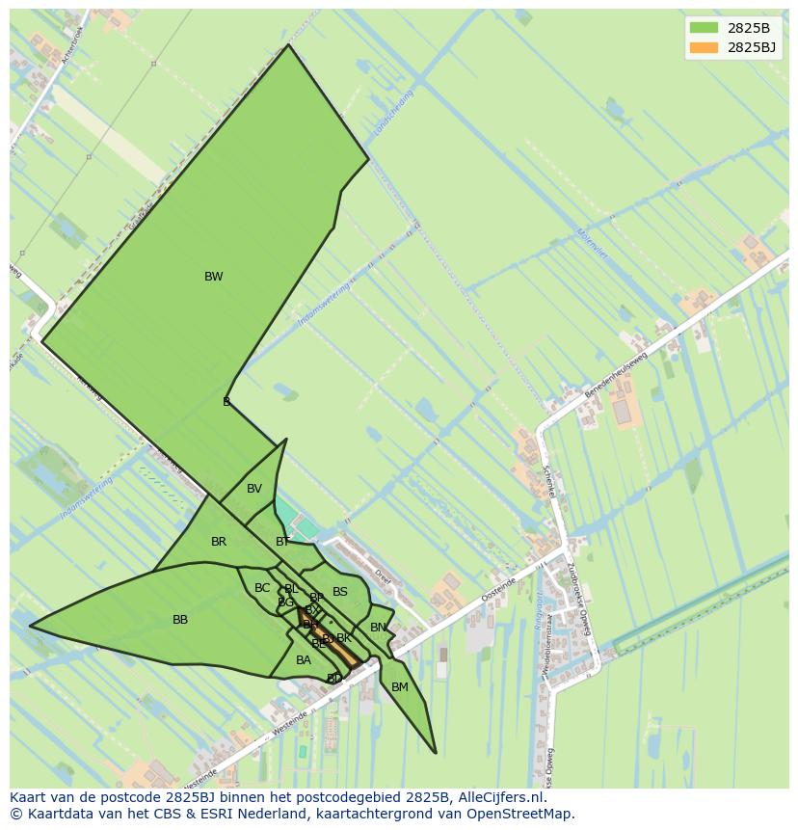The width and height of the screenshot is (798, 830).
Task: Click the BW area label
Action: [213, 277]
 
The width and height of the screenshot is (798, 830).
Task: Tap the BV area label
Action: [253, 489]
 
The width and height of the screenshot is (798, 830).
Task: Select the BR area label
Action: [219, 542]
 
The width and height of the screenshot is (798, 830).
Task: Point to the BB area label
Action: [180, 620]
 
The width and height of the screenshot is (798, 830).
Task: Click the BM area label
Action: [400, 687]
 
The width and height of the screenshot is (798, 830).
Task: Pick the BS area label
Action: [340, 592]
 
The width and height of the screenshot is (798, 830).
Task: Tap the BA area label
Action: [304, 660]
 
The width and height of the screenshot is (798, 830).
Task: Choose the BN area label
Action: [378, 628]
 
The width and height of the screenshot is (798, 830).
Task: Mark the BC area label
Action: [262, 588]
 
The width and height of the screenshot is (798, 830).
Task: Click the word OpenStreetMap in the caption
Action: [521, 814]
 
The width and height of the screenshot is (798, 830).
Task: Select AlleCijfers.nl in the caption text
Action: [501, 797]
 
